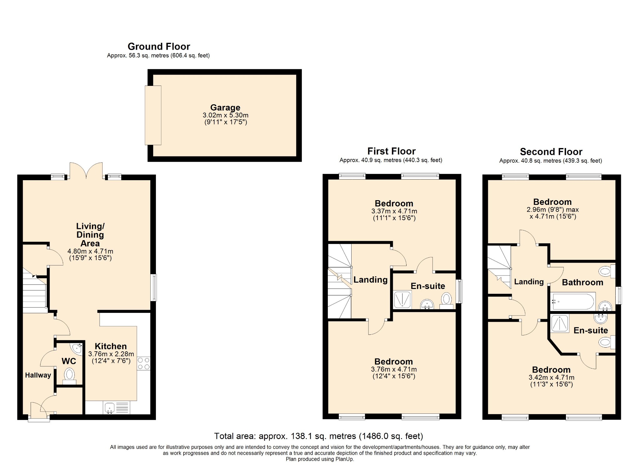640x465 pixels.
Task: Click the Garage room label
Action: click(x=225, y=107)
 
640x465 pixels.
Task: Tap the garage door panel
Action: click(x=153, y=115)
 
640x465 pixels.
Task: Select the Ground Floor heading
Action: click(x=159, y=47)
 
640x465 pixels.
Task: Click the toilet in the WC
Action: click(x=69, y=376)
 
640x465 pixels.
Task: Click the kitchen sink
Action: click(x=109, y=408)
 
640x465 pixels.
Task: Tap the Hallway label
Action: click(x=38, y=375)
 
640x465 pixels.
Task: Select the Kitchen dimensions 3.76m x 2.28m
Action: click(x=111, y=354)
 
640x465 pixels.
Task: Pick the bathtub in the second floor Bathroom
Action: click(x=573, y=301)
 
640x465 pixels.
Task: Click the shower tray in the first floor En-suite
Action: click(x=402, y=299)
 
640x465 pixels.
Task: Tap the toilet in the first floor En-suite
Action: click(x=447, y=301)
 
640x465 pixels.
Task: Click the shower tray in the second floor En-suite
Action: click(x=560, y=324)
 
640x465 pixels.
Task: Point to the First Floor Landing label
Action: click(x=370, y=280)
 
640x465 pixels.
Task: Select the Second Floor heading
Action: click(x=551, y=152)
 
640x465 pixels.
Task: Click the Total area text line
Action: click(x=318, y=436)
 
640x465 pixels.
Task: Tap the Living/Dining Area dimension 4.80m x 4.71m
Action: click(x=90, y=251)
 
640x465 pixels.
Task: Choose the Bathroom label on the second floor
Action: click(x=582, y=283)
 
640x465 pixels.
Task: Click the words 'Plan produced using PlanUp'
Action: click(x=320, y=459)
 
